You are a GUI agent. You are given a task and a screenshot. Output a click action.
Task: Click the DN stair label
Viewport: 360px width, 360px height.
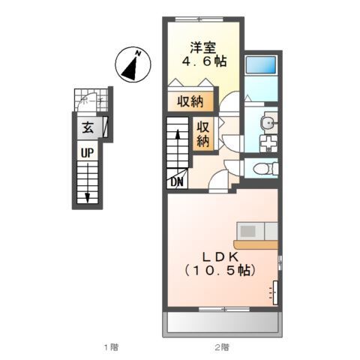tap(177, 181)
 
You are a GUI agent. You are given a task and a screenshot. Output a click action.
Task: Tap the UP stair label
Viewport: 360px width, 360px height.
tap(88, 152)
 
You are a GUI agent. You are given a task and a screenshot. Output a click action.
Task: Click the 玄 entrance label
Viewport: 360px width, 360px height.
tap(87, 128)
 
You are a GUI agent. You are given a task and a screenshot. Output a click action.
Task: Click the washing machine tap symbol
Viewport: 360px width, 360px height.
tap(266, 142)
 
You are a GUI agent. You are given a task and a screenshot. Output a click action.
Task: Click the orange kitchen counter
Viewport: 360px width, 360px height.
tap(255, 244)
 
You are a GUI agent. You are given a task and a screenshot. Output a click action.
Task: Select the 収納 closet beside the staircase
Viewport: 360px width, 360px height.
tap(202, 133)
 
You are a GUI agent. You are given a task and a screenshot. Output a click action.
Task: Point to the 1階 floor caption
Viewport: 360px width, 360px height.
tap(110, 346)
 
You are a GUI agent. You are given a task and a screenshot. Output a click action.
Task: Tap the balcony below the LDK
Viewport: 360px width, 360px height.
tap(221, 323)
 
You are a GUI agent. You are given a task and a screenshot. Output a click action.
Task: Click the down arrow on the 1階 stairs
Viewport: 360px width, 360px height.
tap(88, 196)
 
